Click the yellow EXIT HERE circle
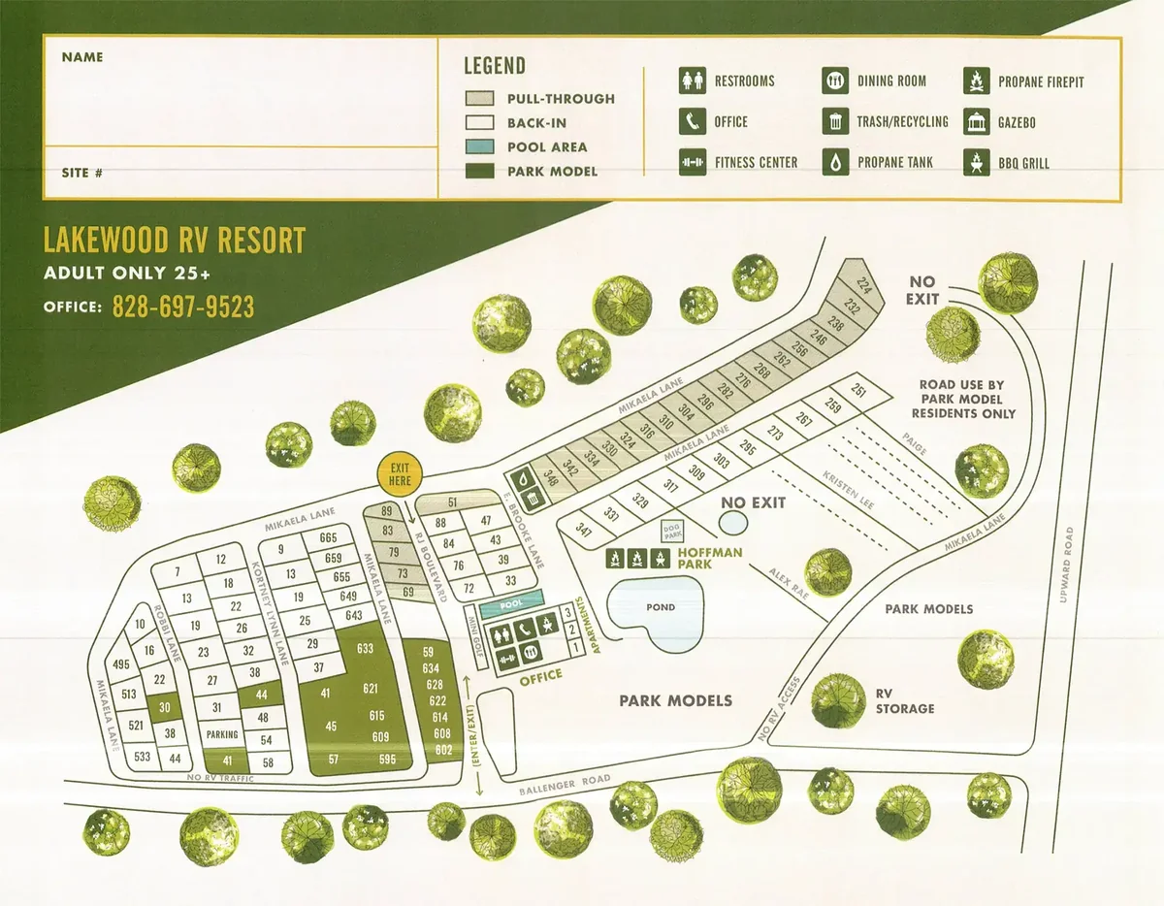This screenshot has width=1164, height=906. (x=399, y=473)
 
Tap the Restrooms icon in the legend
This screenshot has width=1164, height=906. (x=691, y=81)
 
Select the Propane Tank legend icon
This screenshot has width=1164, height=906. (x=834, y=163)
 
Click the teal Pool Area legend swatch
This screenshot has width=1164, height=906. (x=480, y=147)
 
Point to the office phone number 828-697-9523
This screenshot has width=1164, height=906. (x=183, y=307)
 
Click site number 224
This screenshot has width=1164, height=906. (x=864, y=285)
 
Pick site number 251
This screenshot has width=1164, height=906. (x=857, y=391)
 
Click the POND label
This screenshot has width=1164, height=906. (x=660, y=607)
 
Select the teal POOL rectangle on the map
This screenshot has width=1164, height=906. (x=511, y=603)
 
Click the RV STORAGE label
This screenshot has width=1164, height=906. (x=904, y=701)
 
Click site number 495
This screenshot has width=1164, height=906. (x=121, y=664)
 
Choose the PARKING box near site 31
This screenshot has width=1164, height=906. (x=222, y=735)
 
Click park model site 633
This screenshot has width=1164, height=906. (x=366, y=648)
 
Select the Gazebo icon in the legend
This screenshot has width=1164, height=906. (x=975, y=122)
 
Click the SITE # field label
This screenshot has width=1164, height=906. (x=82, y=174)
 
